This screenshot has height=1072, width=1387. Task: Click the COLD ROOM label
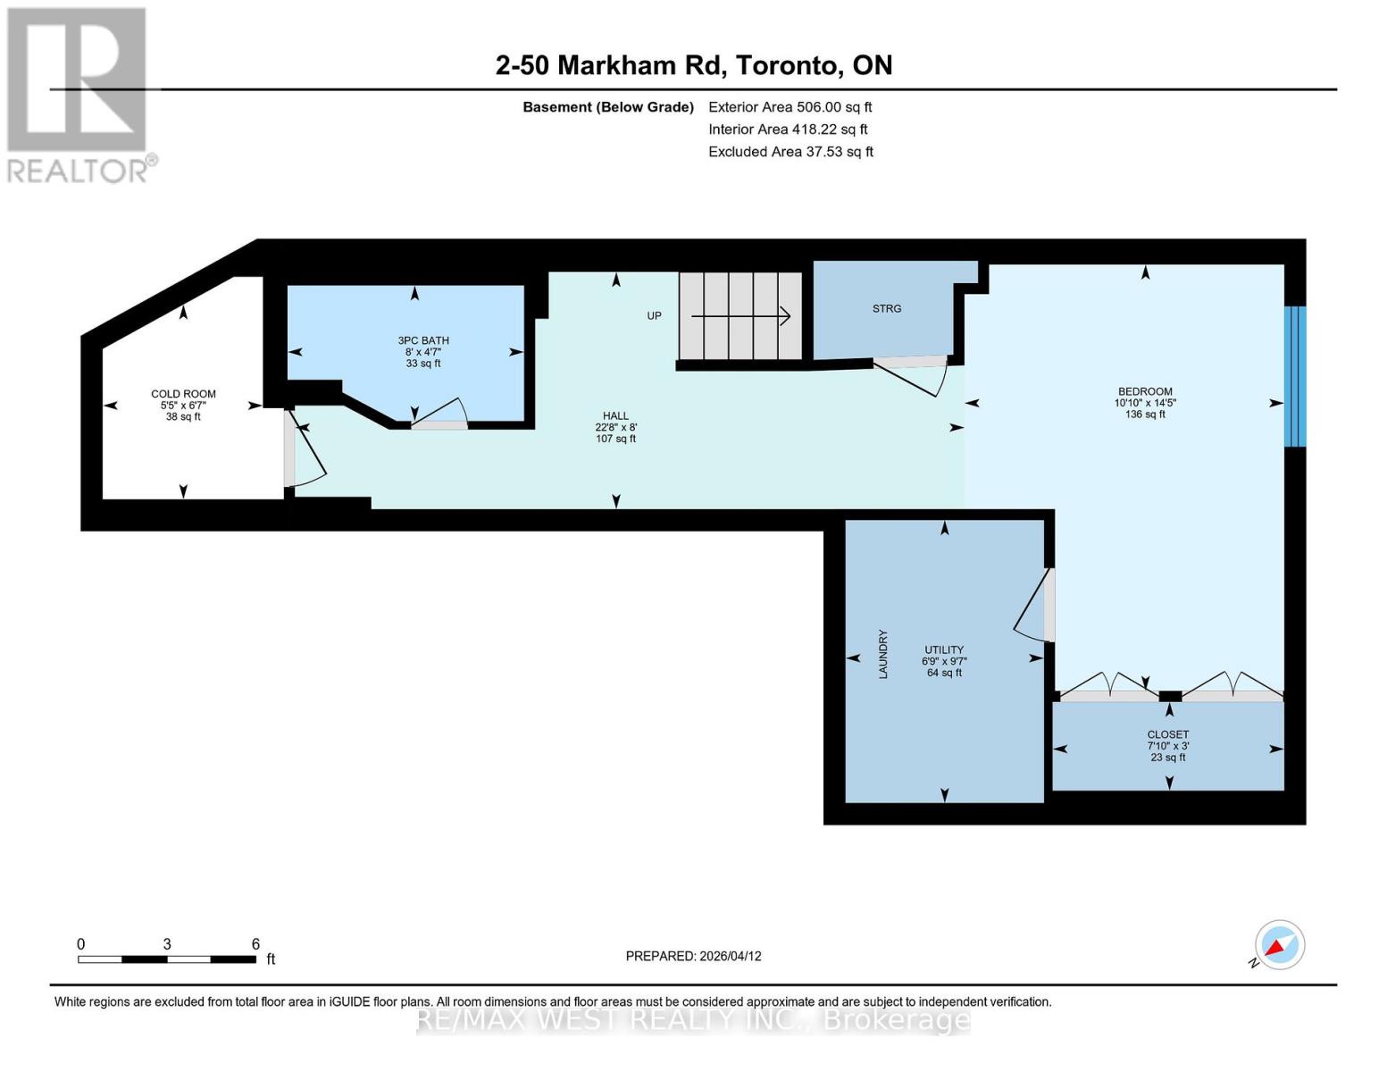point(183,394)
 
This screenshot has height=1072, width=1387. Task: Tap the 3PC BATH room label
point(423,340)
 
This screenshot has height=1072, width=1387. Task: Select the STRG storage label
point(887,308)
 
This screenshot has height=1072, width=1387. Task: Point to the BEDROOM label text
point(1145,391)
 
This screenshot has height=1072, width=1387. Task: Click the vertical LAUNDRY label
point(883,654)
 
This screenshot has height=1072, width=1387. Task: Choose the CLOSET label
point(1168,734)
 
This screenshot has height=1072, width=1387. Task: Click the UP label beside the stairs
point(655,315)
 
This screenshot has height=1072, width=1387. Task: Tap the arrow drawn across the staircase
point(740,316)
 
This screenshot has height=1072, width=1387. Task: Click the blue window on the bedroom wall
point(1294,376)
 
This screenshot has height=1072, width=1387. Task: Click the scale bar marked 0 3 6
point(167,959)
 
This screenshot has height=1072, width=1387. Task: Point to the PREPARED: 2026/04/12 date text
point(693,956)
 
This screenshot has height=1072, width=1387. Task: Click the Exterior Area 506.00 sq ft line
point(790,106)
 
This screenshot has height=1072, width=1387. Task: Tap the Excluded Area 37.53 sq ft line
point(790,151)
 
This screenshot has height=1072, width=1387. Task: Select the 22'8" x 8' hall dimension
point(615,427)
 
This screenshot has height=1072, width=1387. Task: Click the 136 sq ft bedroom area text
point(1145,414)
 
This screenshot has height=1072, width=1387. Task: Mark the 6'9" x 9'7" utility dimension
point(944,661)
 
